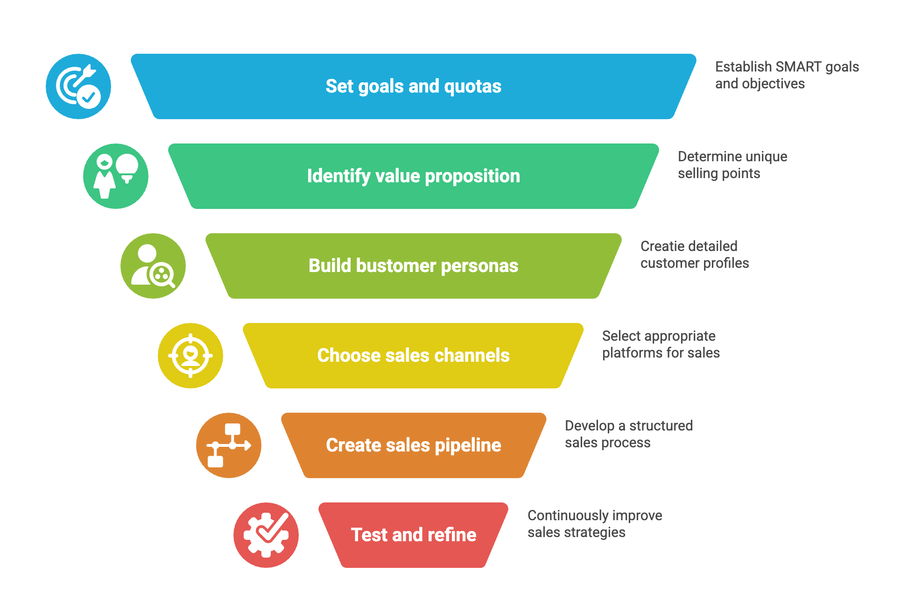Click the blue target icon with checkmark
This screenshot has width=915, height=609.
pyautogui.click(x=78, y=86)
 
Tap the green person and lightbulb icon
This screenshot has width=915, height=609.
pyautogui.click(x=116, y=176)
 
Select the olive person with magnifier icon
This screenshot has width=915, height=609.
pyautogui.click(x=153, y=266)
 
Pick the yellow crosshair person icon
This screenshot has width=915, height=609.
pyautogui.click(x=190, y=356)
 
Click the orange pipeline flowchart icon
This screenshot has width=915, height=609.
pyautogui.click(x=229, y=445)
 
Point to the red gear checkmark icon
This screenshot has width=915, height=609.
pyautogui.click(x=266, y=535)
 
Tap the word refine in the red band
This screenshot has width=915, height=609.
pyautogui.click(x=452, y=535)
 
